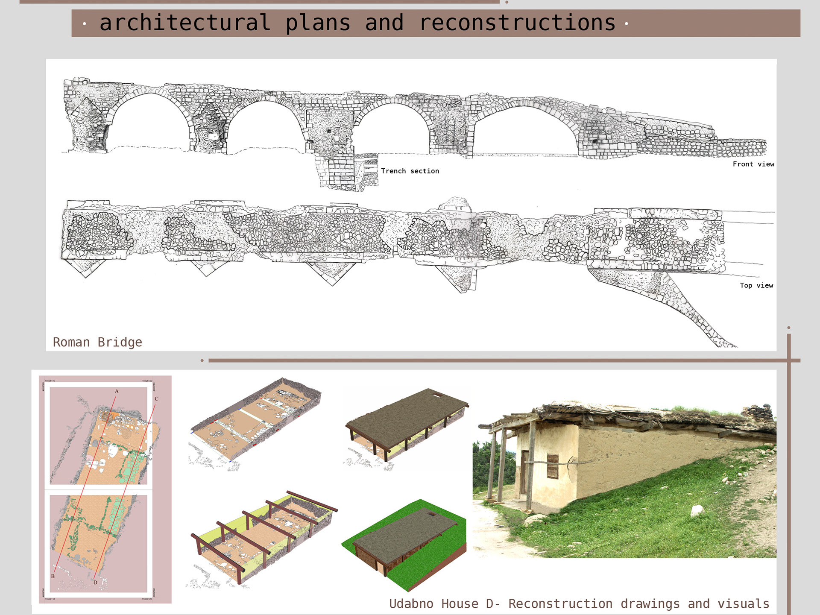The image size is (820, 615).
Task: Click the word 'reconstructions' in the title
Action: click(x=518, y=23)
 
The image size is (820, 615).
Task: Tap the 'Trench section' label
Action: click(x=410, y=171)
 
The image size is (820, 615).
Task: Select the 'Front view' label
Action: click(x=753, y=164)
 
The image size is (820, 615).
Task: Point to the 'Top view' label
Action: click(x=756, y=285)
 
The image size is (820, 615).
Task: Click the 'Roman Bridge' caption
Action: click(x=97, y=342)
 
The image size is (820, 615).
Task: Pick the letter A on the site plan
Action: click(x=117, y=391)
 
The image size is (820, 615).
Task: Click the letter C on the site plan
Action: click(x=156, y=399)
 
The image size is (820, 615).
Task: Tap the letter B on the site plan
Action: click(x=53, y=576)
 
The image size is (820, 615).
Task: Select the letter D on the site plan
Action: click(x=95, y=583)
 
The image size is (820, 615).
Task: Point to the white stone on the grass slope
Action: click(x=697, y=510)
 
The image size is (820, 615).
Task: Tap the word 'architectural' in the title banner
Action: click(x=185, y=23)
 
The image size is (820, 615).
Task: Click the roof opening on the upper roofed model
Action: click(x=436, y=395)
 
